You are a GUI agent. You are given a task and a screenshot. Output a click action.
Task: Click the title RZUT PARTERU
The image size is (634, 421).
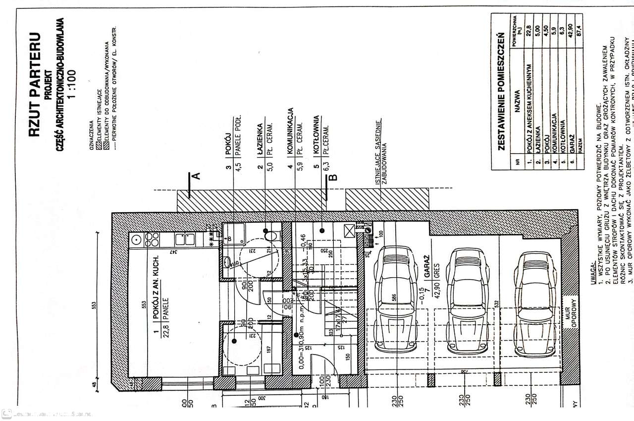tap(34, 85)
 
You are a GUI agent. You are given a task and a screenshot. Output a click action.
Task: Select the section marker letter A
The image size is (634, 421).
tap(196, 176)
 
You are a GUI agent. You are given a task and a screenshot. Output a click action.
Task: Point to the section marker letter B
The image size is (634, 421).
tap(333, 177)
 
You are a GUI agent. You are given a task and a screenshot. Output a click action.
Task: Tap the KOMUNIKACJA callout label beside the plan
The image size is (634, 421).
tap(291, 130)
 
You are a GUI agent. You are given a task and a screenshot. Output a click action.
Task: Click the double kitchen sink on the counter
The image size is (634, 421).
tap(186, 240)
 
